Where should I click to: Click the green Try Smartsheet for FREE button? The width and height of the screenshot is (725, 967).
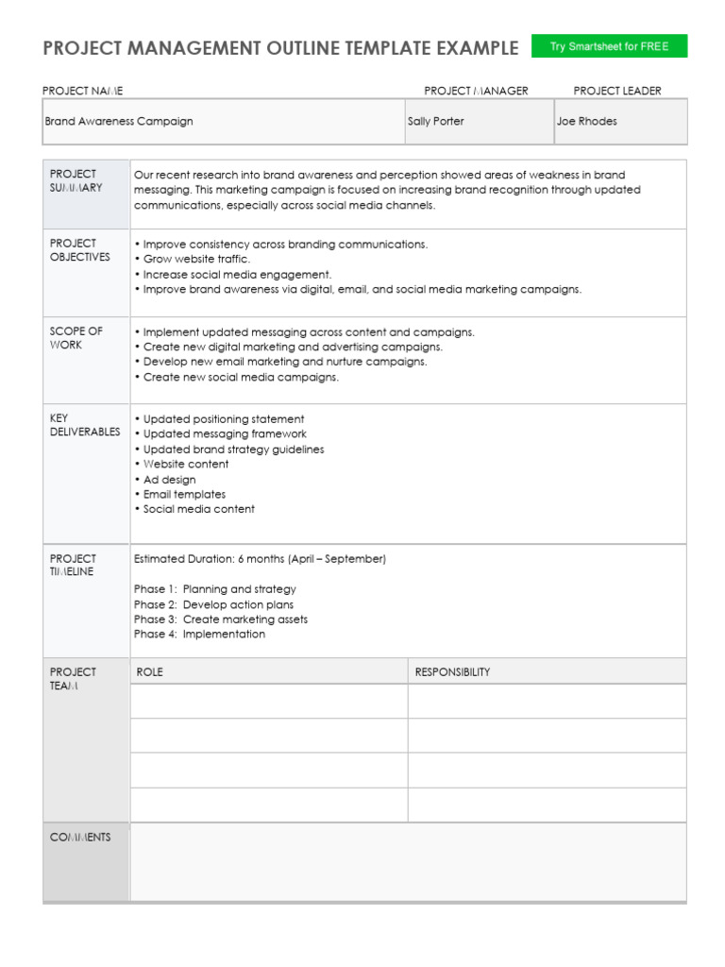point(609,46)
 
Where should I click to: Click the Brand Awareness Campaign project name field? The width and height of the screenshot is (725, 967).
point(119,122)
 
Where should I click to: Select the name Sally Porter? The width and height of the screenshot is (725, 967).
point(436,122)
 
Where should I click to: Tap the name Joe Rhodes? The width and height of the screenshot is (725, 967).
point(586,122)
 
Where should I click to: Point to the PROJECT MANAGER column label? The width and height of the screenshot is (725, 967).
point(476,91)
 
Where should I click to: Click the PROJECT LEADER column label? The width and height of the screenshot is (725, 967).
point(617,91)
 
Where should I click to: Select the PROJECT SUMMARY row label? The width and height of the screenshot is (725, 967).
point(76,180)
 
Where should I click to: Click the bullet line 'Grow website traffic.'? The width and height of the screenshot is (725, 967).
point(193,259)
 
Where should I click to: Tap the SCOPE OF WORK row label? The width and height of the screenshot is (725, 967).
point(76,338)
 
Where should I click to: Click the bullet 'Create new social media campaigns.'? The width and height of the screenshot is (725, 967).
point(236,377)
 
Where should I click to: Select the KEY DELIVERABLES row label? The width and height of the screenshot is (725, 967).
point(85,425)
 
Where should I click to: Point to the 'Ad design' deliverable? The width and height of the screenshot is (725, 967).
point(166,480)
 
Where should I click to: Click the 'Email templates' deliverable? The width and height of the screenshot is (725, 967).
point(180,494)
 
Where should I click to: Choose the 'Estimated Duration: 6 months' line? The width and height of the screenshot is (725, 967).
point(260,559)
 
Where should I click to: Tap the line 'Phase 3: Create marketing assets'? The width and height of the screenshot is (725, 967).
point(220,619)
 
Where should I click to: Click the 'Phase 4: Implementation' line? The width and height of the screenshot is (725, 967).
point(199,635)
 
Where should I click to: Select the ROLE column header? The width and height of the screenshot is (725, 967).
point(150,672)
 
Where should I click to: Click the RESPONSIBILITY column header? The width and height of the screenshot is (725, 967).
point(452,672)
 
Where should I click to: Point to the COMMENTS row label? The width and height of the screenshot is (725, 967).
point(80,838)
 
